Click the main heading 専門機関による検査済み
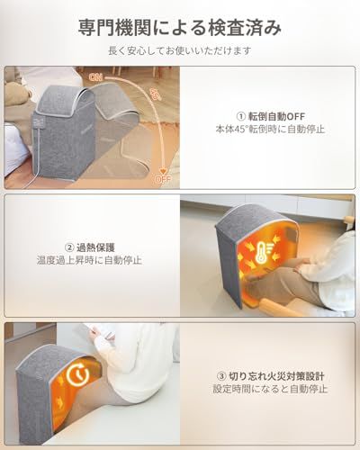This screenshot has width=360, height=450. pyautogui.click(x=180, y=28)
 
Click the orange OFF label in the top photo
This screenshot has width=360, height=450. pyautogui.click(x=163, y=178)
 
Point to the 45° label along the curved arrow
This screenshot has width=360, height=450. pyautogui.click(x=155, y=96)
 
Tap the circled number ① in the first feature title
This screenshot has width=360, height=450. pyautogui.click(x=239, y=114)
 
